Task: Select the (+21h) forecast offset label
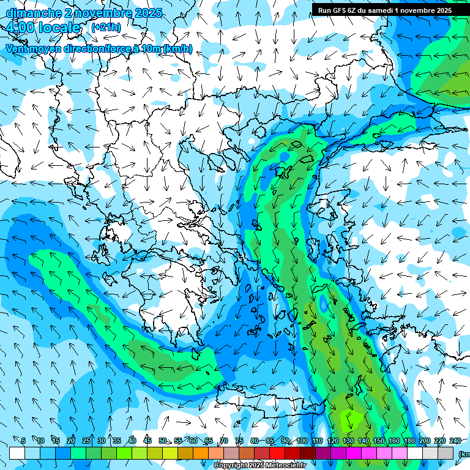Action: point(106,28)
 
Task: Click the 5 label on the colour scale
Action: point(23,441)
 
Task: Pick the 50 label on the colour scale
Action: point(163,441)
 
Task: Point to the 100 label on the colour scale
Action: point(302,441)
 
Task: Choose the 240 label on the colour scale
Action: point(455,441)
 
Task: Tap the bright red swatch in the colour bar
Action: point(277,453)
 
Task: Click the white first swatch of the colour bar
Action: point(17,453)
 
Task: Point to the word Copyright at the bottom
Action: point(231,466)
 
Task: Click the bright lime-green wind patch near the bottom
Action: point(354,421)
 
